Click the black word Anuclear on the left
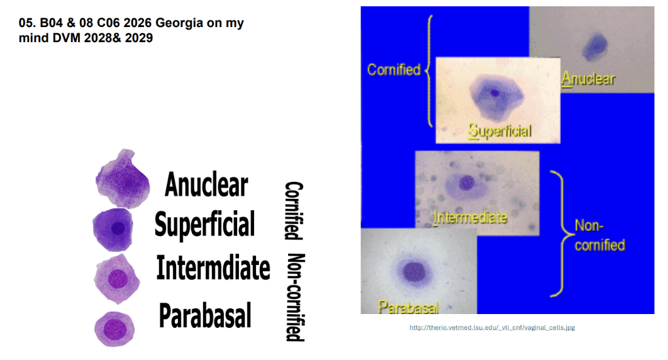click(206, 184)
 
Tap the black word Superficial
click(204, 224)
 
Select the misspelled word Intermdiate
click(213, 267)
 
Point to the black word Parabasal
click(205, 315)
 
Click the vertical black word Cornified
click(294, 210)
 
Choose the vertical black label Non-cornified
click(295, 297)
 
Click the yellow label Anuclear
click(588, 79)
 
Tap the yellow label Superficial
click(499, 131)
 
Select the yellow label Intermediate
click(470, 218)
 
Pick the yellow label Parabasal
click(409, 307)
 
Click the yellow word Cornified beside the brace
click(394, 69)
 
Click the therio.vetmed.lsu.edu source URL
click(492, 328)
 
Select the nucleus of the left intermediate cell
click(118, 279)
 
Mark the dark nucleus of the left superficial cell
click(118, 229)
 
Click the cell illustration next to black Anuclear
click(123, 179)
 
